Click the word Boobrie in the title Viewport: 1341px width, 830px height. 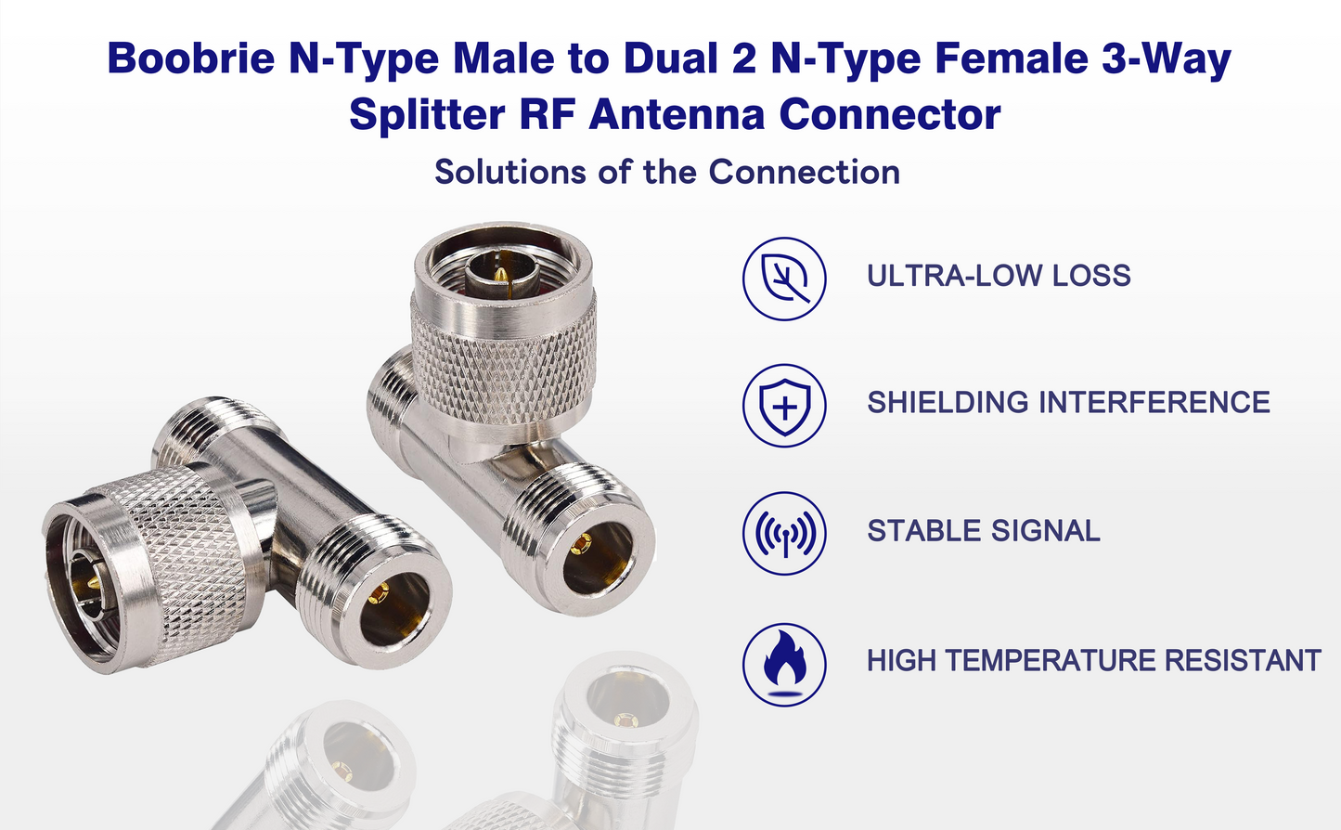click(x=191, y=58)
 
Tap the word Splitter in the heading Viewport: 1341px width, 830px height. click(x=427, y=114)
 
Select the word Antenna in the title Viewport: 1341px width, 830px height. click(x=677, y=114)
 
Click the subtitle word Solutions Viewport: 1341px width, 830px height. click(x=510, y=172)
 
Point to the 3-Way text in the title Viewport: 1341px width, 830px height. click(x=1167, y=58)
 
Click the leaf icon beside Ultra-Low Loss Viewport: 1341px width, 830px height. click(x=784, y=279)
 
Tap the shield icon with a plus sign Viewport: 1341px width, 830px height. click(x=784, y=406)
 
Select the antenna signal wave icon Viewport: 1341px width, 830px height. click(x=784, y=533)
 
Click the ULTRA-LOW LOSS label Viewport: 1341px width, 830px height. click(x=999, y=276)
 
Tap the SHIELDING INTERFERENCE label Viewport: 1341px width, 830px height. click(x=1068, y=402)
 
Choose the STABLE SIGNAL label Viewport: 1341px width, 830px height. click(x=984, y=530)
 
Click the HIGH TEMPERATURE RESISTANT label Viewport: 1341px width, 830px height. click(x=1094, y=660)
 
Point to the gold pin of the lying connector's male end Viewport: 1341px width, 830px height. click(x=94, y=582)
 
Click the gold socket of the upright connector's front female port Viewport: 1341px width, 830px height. click(x=579, y=544)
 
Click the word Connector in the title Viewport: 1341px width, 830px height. click(x=890, y=114)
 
